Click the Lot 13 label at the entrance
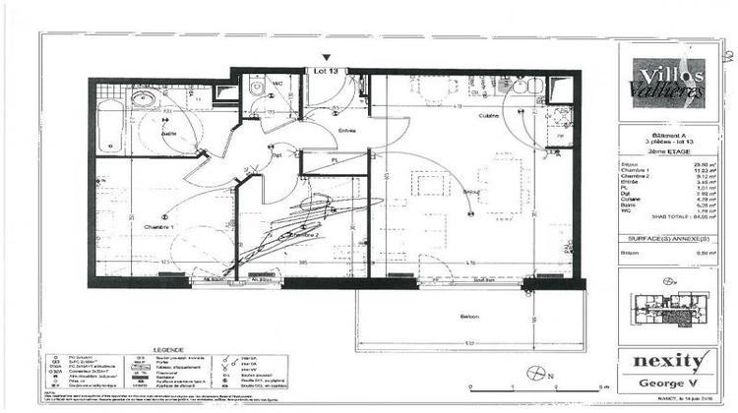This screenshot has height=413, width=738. pos(326,70)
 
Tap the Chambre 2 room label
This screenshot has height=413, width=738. pos(306,236)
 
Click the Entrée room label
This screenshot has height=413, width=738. pos(345,131)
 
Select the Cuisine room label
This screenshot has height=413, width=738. pos(451,116)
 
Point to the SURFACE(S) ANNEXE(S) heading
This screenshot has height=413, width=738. pos(664,239)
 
